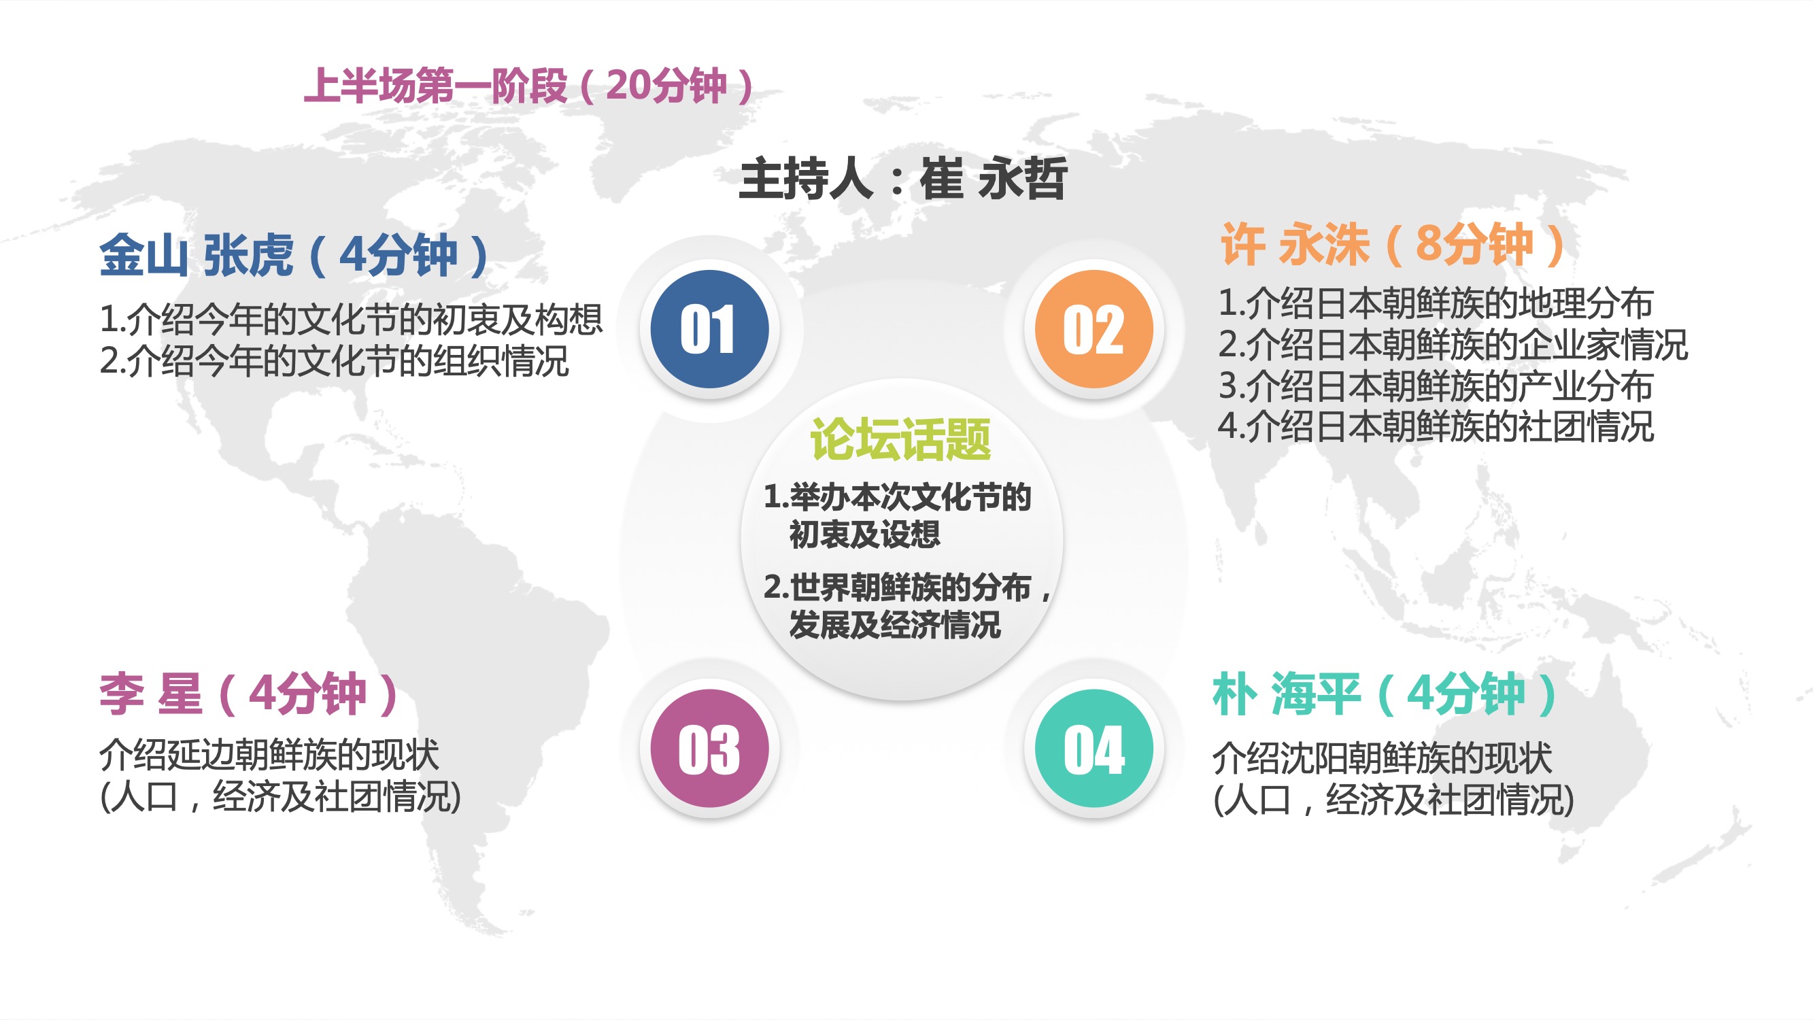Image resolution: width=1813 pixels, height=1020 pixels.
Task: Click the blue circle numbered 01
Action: point(709,328)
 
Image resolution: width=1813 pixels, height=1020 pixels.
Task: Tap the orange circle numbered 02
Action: point(1094,328)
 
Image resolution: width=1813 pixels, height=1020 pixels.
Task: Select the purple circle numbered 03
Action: point(709,748)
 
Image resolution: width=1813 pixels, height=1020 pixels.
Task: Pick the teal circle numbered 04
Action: point(1094,748)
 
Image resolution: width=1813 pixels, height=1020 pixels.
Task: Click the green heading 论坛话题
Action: point(901,439)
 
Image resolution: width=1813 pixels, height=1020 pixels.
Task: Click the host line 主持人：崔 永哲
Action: point(903,179)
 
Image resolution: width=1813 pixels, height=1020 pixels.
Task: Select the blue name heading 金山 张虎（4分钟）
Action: point(294,255)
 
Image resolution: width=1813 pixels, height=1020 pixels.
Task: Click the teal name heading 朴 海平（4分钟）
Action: point(1385,694)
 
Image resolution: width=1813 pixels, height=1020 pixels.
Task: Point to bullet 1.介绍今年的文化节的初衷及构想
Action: point(351,319)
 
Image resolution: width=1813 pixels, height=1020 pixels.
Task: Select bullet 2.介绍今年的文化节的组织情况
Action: point(335,360)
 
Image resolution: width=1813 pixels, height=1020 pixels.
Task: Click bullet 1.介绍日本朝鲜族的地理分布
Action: point(1436,303)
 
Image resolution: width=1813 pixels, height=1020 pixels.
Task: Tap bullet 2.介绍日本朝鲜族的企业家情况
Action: point(1453,344)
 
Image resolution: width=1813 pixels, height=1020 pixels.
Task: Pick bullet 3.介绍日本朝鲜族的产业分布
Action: point(1436,385)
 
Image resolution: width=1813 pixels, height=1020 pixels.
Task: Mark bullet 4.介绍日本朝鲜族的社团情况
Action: point(1436,426)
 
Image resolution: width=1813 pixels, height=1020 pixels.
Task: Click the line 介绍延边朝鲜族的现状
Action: point(269,755)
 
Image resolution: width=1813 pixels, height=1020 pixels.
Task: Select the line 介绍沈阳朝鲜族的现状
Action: point(1383,758)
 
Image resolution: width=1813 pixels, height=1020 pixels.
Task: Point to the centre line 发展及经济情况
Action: point(894,624)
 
